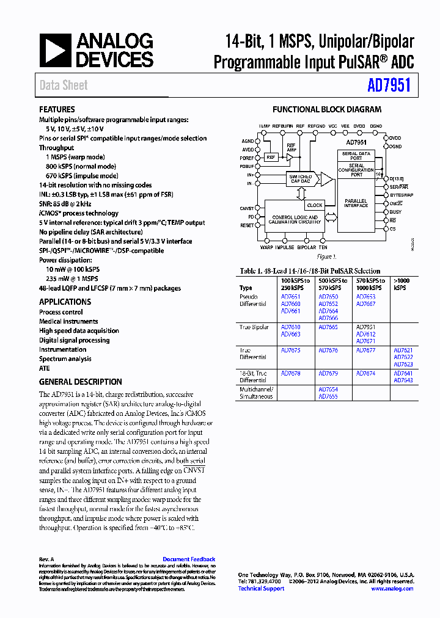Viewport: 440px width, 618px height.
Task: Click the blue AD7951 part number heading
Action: [389, 86]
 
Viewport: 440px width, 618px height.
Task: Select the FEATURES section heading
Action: [57, 110]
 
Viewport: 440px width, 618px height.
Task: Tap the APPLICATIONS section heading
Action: [65, 302]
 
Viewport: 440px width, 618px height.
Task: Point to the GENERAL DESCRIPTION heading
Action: [80, 382]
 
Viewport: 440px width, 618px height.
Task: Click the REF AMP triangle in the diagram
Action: [290, 157]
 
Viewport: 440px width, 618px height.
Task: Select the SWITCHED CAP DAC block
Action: [300, 179]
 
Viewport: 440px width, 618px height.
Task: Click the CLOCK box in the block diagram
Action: [315, 205]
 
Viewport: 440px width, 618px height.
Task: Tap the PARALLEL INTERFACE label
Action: [356, 203]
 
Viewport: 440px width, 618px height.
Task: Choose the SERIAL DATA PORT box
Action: [356, 156]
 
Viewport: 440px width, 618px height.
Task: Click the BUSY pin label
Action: [395, 212]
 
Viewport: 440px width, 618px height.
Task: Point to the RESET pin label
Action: [248, 225]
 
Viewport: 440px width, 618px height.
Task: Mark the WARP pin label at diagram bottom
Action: [266, 247]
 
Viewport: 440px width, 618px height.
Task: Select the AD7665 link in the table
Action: [328, 327]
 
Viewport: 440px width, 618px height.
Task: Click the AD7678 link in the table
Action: [290, 373]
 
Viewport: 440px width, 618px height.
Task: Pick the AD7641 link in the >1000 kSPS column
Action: [403, 373]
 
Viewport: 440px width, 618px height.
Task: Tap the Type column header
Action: [246, 288]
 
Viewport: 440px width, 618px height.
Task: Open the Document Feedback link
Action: [189, 559]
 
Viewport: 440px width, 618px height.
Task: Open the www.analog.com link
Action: [392, 589]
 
